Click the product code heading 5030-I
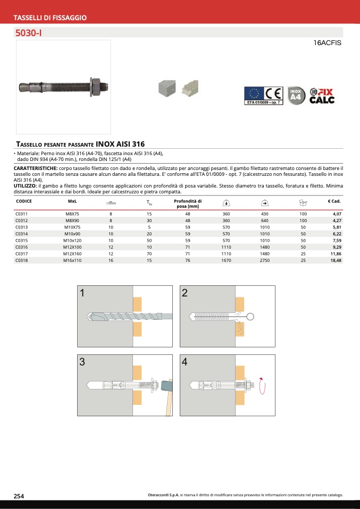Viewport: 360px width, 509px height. click(x=28, y=33)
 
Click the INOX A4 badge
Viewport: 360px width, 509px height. click(x=296, y=96)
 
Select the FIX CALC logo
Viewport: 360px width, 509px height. click(x=322, y=96)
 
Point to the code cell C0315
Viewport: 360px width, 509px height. click(x=21, y=241)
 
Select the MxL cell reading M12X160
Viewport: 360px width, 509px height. click(x=72, y=254)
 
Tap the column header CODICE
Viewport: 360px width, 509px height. click(x=24, y=201)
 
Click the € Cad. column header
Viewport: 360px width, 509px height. click(x=334, y=201)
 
